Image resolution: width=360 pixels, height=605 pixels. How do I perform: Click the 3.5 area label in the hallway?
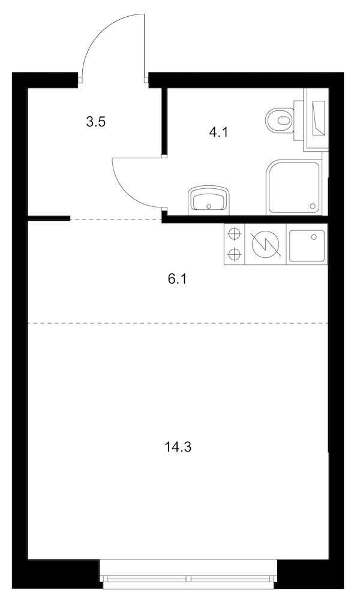(x=96, y=122)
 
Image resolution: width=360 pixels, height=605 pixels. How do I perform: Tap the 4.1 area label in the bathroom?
(x=218, y=133)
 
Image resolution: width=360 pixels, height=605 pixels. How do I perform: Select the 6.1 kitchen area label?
(x=177, y=279)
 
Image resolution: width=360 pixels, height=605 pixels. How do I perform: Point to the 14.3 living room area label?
(x=178, y=447)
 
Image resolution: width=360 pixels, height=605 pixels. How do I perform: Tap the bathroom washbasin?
(x=209, y=200)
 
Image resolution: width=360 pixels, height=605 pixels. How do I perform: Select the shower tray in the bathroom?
(x=293, y=188)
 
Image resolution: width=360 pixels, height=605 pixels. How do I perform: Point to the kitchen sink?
(x=307, y=245)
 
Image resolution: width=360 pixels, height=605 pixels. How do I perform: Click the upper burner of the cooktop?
(x=235, y=234)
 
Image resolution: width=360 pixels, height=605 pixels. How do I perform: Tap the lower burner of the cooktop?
(x=235, y=254)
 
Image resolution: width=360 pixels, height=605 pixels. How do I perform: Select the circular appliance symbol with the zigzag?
(x=265, y=245)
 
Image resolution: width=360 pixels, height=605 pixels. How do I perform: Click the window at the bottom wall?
(x=188, y=575)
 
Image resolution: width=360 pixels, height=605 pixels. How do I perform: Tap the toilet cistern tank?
(x=299, y=121)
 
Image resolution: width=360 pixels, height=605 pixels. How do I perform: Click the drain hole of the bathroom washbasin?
(x=209, y=206)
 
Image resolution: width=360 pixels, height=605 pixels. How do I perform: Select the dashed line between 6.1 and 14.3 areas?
(x=177, y=323)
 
